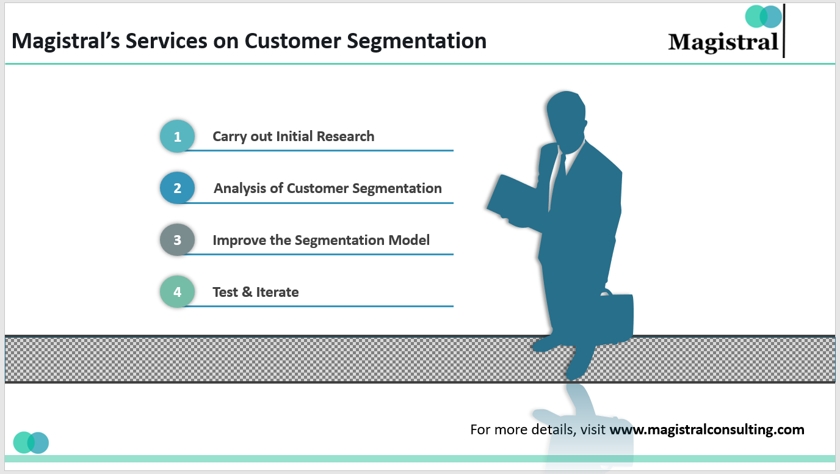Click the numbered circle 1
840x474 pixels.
coord(177,136)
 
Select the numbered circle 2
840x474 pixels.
coord(177,188)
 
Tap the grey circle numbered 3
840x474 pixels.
coord(177,240)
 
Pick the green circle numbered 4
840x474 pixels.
coord(177,292)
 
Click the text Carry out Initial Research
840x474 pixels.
coord(293,136)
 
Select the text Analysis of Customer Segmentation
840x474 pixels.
coord(327,188)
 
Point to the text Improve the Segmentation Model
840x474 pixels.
coord(321,240)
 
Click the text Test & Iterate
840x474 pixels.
coord(255,292)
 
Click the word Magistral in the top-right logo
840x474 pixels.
coord(723,43)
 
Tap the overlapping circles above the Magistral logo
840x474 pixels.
coord(763,16)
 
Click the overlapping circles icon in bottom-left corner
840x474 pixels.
coord(31,442)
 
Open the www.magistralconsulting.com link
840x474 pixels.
coord(706,429)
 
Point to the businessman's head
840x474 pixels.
coord(567,119)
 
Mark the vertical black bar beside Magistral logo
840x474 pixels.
coord(783,31)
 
